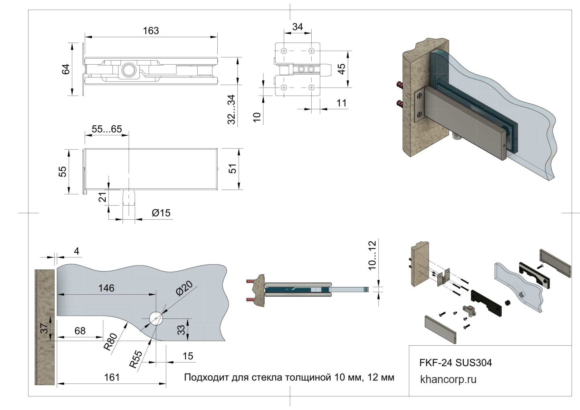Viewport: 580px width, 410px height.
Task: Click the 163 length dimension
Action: point(151,31)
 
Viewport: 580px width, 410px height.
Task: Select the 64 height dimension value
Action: point(66,69)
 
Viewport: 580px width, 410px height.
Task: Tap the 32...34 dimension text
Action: point(232,109)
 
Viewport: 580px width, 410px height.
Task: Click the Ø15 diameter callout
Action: point(161,213)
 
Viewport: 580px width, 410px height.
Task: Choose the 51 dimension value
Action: point(233,169)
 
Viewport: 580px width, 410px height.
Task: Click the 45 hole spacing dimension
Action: point(341,69)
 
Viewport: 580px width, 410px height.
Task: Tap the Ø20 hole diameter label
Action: point(184,288)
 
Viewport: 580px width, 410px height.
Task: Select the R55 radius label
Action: point(136,359)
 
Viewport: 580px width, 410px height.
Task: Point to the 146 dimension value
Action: point(106,288)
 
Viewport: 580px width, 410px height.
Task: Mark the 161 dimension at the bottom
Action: point(112,377)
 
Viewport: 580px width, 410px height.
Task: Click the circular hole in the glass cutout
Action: point(155,318)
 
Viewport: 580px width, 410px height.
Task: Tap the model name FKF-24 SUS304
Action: point(455,363)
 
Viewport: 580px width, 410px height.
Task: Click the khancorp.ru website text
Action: point(448,379)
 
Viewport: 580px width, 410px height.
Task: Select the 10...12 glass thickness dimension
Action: point(372,255)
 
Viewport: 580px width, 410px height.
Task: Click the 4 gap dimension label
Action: point(77,251)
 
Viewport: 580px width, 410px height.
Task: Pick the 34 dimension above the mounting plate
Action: point(298,27)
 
